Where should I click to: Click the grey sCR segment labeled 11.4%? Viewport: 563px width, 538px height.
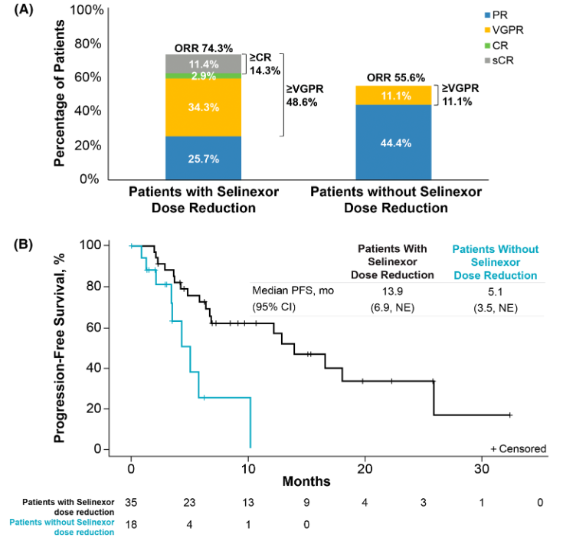[203, 64]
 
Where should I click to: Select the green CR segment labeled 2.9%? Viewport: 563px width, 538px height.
[203, 76]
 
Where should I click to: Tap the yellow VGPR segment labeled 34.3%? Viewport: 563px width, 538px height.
[203, 107]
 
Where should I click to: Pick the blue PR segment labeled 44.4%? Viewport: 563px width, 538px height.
[394, 143]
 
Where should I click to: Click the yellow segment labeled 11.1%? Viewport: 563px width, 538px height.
[394, 96]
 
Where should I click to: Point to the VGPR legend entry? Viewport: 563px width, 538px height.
[504, 30]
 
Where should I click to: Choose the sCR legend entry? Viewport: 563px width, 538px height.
[499, 61]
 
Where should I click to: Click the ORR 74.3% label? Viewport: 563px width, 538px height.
[204, 48]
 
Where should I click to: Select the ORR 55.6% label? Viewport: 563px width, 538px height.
[396, 77]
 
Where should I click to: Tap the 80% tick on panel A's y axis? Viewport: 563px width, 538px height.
[87, 44]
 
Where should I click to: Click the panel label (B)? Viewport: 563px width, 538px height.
[23, 244]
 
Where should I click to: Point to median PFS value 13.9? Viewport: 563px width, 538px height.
[392, 291]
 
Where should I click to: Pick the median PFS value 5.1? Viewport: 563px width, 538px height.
[495, 292]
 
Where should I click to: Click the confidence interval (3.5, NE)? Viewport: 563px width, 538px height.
[496, 308]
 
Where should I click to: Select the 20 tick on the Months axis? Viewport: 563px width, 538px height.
[365, 468]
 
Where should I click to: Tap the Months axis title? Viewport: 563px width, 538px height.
[306, 481]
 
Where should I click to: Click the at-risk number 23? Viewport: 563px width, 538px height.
[189, 502]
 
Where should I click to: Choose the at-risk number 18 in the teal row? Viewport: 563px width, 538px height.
[131, 525]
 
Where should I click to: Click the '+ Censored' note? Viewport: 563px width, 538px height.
[518, 449]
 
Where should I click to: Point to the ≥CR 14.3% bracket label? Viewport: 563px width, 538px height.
[265, 64]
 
